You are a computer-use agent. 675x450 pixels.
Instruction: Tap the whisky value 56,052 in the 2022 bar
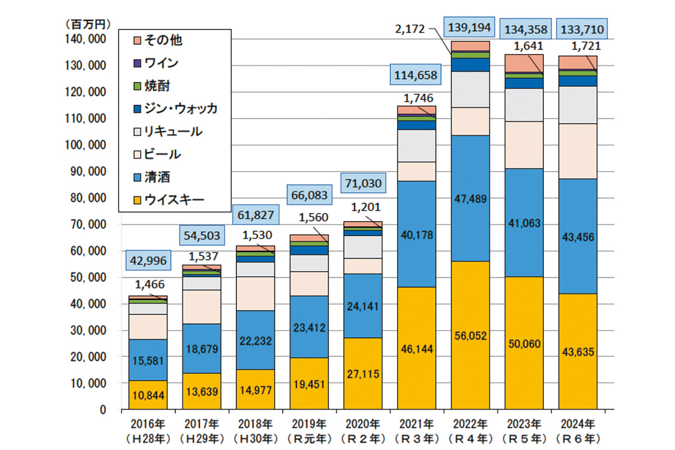[470, 336]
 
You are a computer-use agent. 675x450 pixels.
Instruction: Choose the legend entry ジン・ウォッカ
[181, 109]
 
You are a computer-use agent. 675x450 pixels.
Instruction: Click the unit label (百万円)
[86, 24]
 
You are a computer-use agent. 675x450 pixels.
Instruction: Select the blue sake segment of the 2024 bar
[577, 236]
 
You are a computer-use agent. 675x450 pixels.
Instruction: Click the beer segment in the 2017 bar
[201, 307]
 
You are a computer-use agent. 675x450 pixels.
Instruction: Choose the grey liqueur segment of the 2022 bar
[470, 89]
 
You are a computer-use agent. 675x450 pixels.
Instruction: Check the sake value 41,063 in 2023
[524, 223]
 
